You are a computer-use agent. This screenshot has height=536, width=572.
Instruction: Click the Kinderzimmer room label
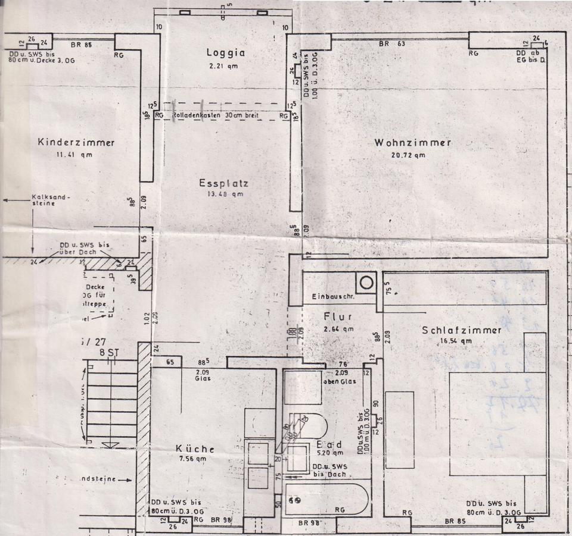[x=76, y=143]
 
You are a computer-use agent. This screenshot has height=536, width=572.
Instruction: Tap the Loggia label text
[x=226, y=52]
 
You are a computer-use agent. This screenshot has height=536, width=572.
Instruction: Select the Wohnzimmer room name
[x=412, y=143]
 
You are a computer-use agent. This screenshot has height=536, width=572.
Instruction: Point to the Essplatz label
[x=223, y=183]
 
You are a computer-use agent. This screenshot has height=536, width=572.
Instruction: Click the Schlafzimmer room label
[x=461, y=330]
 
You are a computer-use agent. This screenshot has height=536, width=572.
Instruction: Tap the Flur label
[x=339, y=316]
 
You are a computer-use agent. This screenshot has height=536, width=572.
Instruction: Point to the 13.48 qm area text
[x=223, y=195]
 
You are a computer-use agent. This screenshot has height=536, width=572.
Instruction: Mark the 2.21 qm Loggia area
[x=224, y=66]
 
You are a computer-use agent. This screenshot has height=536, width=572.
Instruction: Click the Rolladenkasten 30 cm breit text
[x=216, y=115]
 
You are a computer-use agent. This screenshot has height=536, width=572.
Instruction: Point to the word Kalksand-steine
[x=50, y=199]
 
